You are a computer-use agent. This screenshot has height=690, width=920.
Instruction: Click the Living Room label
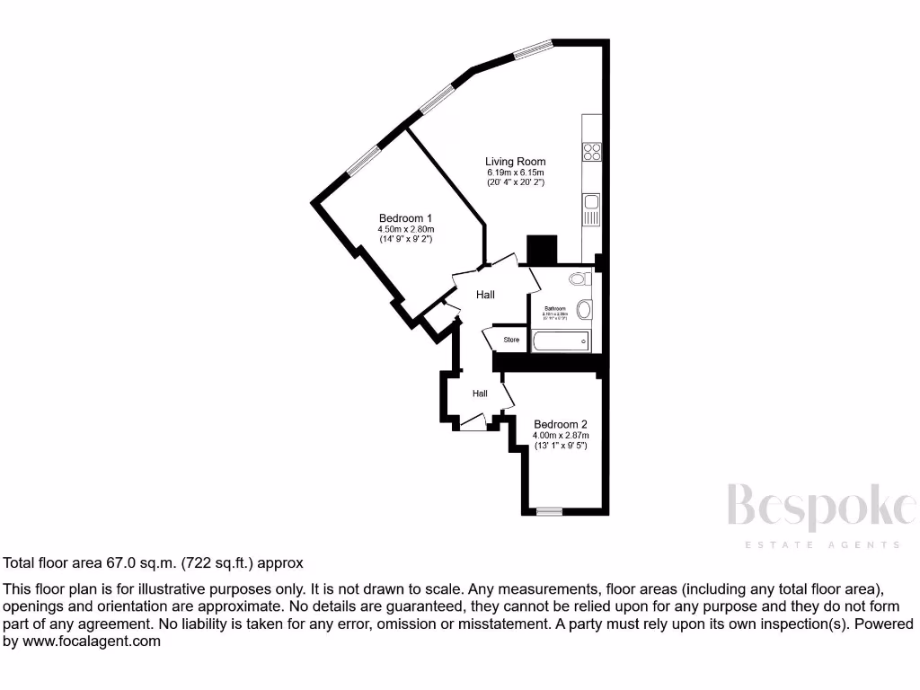click(x=516, y=162)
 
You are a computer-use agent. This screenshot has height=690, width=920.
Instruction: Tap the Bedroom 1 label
click(x=405, y=218)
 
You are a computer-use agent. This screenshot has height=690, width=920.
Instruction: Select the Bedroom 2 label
click(x=560, y=424)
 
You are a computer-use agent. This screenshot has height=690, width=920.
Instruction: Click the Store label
click(x=511, y=340)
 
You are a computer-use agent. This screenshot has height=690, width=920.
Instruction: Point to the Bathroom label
click(x=554, y=308)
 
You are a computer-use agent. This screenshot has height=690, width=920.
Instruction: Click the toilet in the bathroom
click(x=579, y=279)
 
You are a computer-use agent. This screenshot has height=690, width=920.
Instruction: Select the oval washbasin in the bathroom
click(x=583, y=310)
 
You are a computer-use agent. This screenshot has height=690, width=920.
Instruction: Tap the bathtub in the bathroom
click(x=561, y=341)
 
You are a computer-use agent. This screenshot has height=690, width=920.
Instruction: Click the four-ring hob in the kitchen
click(x=591, y=152)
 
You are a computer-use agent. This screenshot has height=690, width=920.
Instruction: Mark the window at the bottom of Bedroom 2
click(x=548, y=511)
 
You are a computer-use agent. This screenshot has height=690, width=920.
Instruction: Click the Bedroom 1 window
click(x=363, y=161)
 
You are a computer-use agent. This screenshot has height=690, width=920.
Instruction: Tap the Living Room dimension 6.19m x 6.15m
click(x=516, y=172)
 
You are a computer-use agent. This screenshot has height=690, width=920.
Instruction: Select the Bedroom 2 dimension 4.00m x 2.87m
click(x=560, y=435)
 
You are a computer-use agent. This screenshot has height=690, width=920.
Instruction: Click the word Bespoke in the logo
click(x=820, y=507)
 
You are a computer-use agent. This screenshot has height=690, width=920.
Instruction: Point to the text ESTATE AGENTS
click(x=820, y=544)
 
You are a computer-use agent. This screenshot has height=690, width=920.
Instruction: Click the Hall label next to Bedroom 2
click(x=480, y=394)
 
